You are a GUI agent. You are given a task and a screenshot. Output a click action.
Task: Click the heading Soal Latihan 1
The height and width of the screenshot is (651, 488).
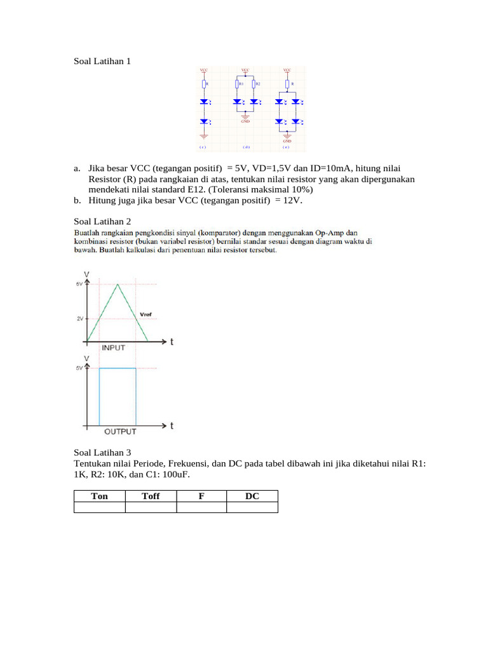coord(102,62)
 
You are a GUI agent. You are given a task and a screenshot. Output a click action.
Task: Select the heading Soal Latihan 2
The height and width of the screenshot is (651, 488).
coord(102,221)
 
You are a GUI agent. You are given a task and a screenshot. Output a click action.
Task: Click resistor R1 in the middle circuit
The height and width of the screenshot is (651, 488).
coord(237,84)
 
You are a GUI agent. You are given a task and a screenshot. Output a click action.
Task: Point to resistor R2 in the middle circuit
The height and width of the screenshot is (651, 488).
coord(254,84)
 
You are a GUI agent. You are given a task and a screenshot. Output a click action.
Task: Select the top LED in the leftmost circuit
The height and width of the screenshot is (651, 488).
coord(204,102)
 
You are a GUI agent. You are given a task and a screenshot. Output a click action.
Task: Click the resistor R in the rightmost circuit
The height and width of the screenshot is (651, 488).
coord(287,84)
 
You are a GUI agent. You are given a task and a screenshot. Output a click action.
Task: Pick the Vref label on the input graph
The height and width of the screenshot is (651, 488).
coord(146,313)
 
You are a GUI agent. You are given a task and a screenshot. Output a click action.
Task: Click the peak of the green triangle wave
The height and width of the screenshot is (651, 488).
coord(118,284)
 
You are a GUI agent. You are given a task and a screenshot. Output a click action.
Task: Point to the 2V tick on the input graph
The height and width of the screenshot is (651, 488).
coord(80,319)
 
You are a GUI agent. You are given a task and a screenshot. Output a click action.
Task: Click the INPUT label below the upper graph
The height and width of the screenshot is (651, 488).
coord(113,348)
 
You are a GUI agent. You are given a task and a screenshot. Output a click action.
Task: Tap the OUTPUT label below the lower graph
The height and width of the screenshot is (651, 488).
coord(120,432)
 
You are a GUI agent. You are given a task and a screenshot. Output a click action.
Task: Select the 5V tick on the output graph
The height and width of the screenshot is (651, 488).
coord(80,368)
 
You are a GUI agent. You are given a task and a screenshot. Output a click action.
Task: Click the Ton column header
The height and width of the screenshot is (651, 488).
coord(100,496)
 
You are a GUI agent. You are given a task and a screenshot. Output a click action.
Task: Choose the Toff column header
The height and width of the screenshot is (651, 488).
coord(151,496)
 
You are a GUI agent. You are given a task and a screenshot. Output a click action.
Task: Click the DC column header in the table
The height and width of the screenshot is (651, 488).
coord(252,496)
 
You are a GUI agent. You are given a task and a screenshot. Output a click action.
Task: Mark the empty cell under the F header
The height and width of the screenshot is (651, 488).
coord(201,507)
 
